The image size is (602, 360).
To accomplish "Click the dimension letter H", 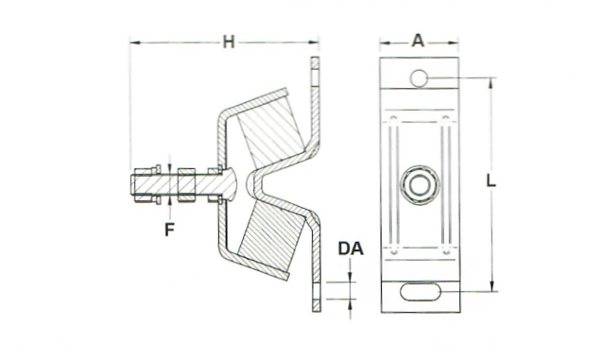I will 227,40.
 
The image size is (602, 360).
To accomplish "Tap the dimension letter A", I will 418,40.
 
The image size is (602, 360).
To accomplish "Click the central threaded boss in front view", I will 418,181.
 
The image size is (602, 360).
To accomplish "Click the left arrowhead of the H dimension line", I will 133,42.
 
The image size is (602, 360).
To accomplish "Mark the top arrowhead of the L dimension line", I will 491,81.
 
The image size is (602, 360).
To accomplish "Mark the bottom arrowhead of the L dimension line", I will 491,288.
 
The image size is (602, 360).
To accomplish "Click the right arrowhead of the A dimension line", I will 456,42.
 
